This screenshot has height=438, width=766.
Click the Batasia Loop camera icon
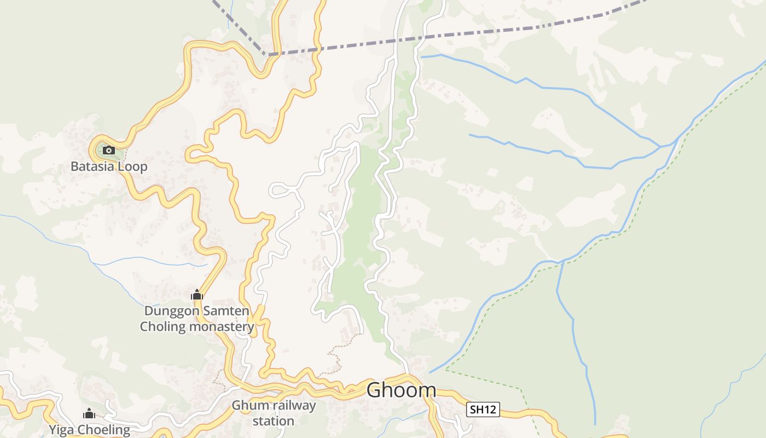click(108, 150)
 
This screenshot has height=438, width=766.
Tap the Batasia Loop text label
click(109, 166)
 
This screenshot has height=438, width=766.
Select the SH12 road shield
click(483, 409)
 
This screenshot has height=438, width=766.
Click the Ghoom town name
click(401, 390)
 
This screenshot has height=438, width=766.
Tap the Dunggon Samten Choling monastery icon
click(197, 295)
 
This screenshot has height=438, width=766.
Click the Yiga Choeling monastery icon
click(89, 414)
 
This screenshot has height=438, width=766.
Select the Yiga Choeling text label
click(90, 430)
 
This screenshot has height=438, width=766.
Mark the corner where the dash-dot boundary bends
click(266, 54)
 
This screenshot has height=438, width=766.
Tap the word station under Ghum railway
click(274, 421)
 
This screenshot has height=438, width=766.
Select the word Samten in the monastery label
click(224, 311)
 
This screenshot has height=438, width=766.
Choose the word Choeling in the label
click(104, 430)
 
